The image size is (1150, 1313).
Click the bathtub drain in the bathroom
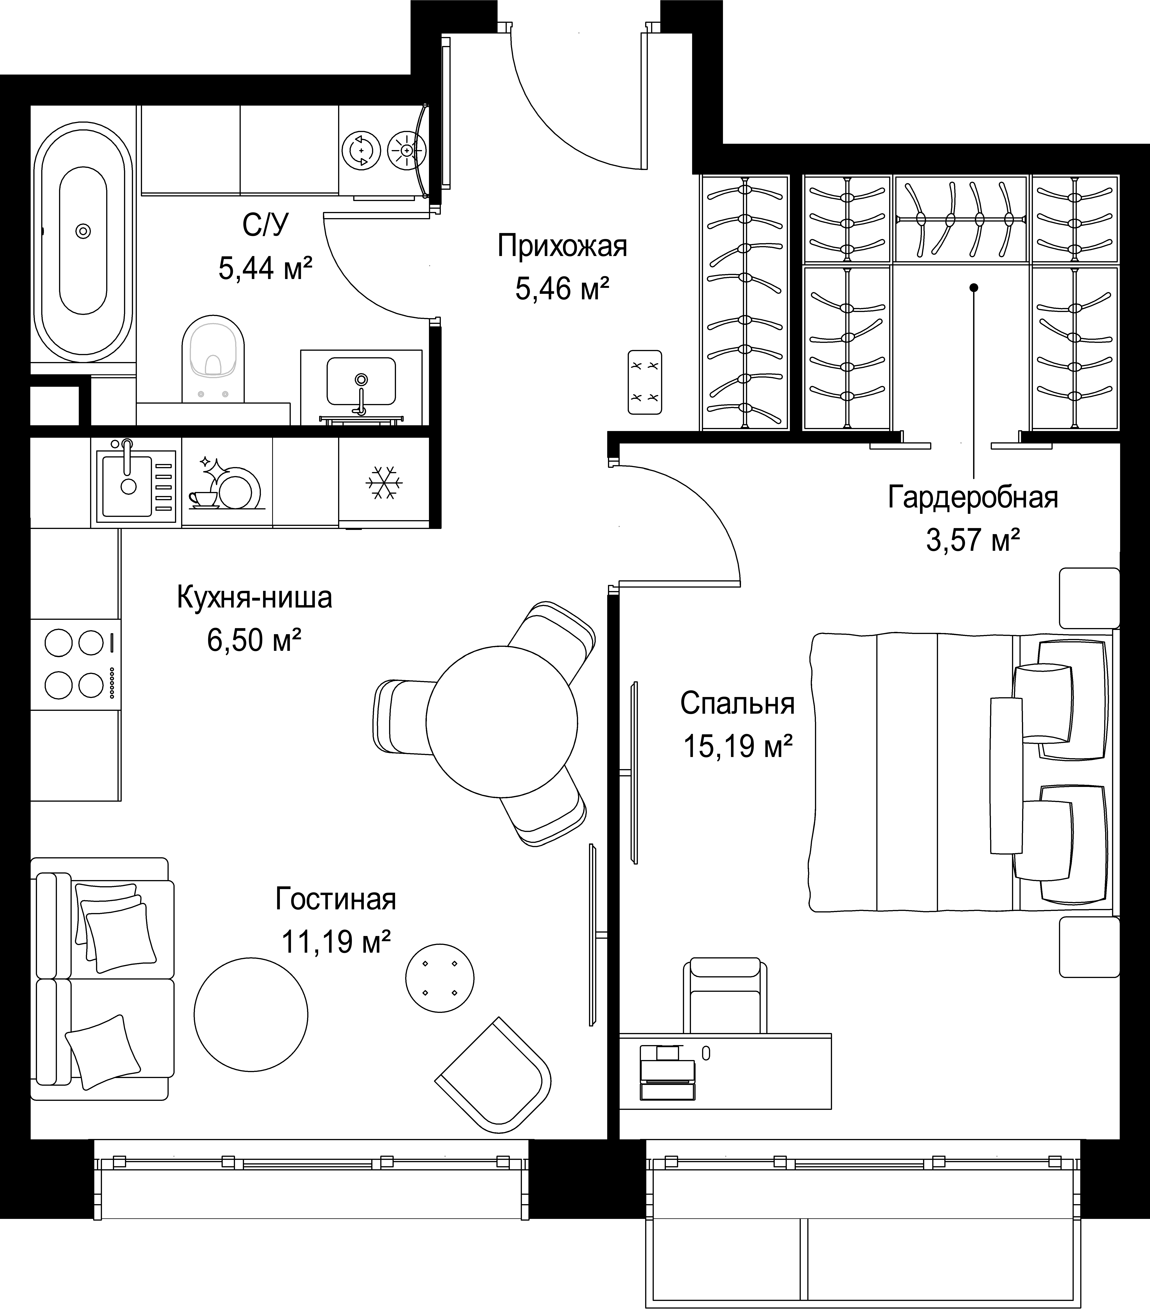point(83,231)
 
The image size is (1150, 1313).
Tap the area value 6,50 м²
point(254,640)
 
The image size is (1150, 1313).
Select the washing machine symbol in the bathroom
point(361,151)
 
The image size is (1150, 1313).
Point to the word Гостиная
point(336,900)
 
